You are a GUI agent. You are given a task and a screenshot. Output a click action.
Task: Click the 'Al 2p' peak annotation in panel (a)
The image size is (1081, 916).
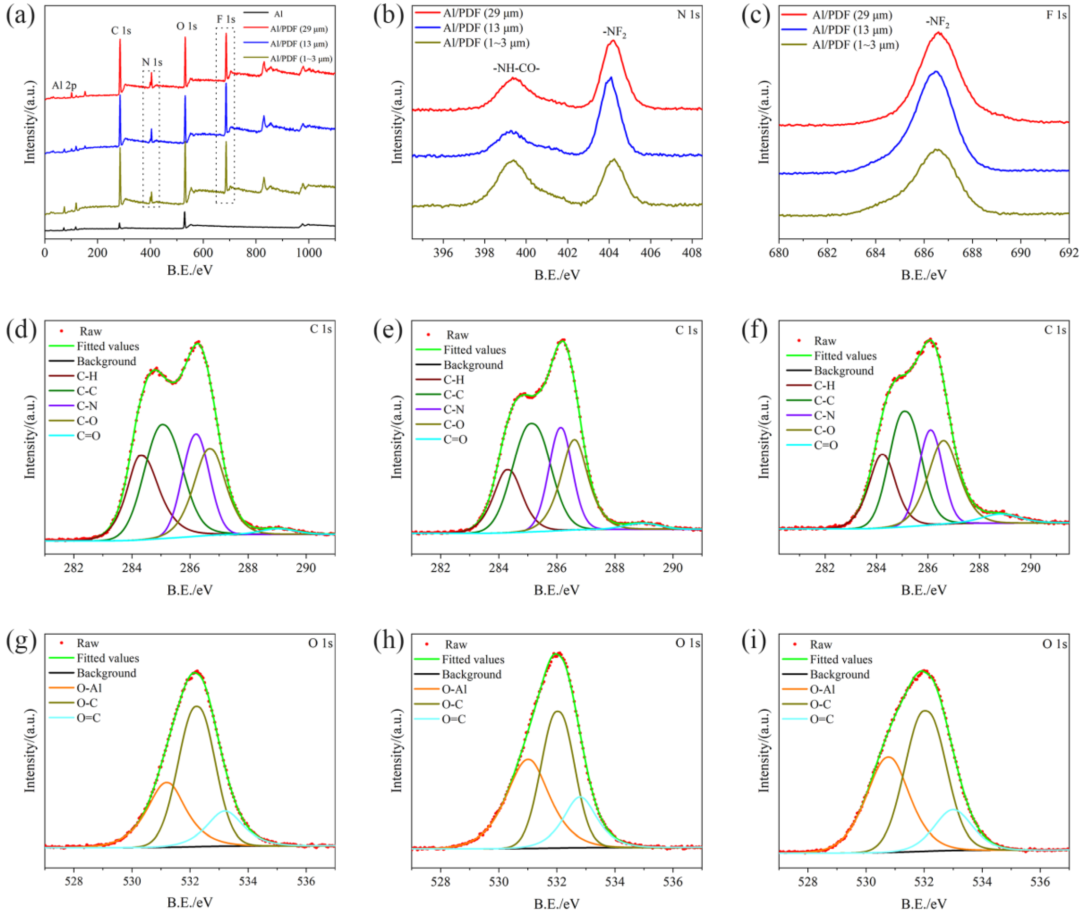(64, 86)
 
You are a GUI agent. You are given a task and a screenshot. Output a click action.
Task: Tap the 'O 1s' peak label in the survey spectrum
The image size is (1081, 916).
(186, 26)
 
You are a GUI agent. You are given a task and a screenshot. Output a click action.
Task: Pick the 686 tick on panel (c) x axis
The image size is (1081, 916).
(923, 253)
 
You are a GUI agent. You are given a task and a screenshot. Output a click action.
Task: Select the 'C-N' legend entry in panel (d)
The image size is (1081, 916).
(87, 406)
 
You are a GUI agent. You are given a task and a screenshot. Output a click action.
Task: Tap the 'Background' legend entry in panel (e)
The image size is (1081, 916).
(473, 365)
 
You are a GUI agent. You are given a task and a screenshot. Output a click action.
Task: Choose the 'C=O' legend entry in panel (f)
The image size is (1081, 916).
(825, 445)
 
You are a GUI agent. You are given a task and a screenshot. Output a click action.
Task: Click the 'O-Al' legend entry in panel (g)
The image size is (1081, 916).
(89, 689)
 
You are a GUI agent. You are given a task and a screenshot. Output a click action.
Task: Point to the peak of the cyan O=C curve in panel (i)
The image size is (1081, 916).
(954, 809)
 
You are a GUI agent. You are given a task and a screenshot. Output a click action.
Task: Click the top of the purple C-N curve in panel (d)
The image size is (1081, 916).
(196, 434)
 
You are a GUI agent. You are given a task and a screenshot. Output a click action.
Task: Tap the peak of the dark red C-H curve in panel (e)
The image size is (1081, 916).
(508, 469)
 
